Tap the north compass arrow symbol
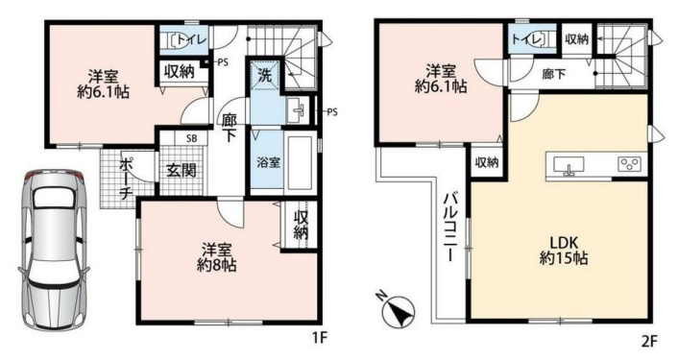398,312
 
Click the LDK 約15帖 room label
561,250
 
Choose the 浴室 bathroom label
268,162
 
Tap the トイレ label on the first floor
191,40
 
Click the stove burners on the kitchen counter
630,163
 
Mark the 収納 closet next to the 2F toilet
576,39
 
